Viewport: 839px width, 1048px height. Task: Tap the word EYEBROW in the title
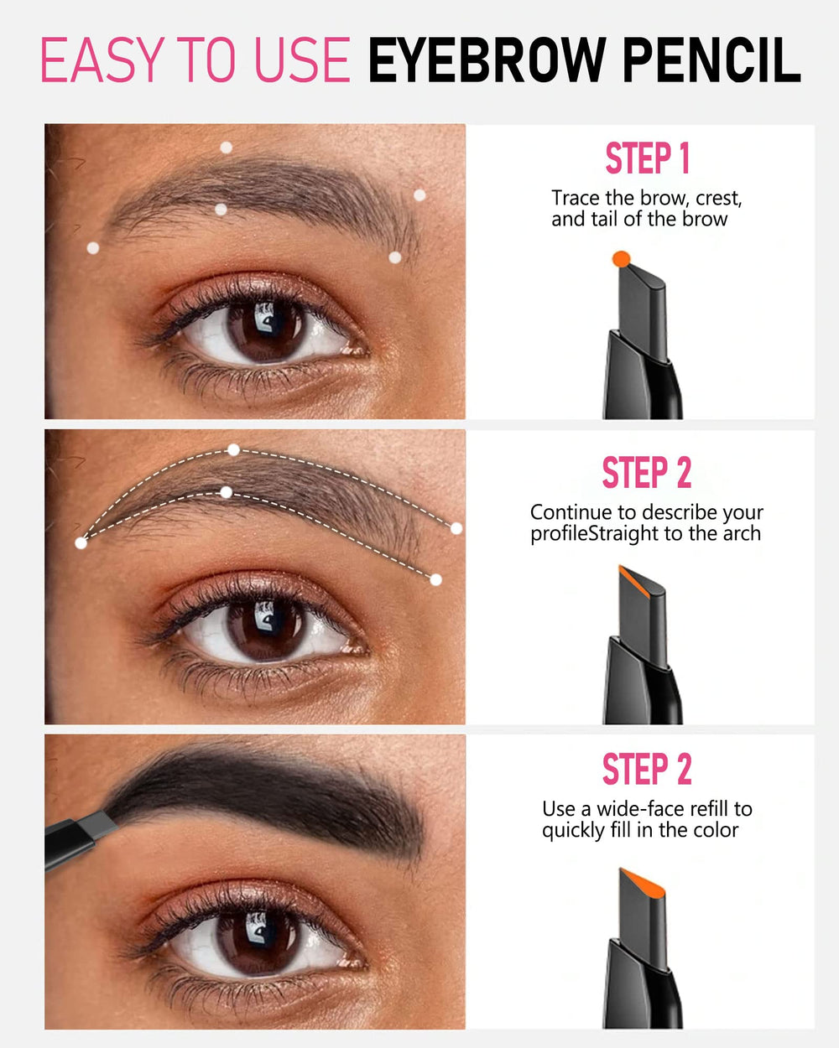pyautogui.click(x=489, y=60)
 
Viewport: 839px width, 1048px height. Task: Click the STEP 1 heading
pyautogui.click(x=647, y=158)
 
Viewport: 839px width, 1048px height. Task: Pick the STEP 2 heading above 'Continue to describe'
pyautogui.click(x=647, y=473)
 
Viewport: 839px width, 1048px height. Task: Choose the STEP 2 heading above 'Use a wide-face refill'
pyautogui.click(x=647, y=769)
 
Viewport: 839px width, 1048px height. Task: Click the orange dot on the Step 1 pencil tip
pyautogui.click(x=621, y=259)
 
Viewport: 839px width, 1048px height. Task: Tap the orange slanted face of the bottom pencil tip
pyautogui.click(x=642, y=883)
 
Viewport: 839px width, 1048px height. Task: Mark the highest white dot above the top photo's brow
pyautogui.click(x=226, y=148)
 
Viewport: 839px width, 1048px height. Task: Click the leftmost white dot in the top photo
pyautogui.click(x=93, y=247)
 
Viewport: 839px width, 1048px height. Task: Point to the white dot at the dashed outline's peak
pyautogui.click(x=233, y=450)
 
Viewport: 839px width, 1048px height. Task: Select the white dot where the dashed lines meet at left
pyautogui.click(x=81, y=543)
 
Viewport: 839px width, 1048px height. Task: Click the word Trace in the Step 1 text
pyautogui.click(x=576, y=199)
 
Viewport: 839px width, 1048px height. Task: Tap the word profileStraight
pyautogui.click(x=595, y=534)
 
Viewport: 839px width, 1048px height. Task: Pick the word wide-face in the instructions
pyautogui.click(x=641, y=809)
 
